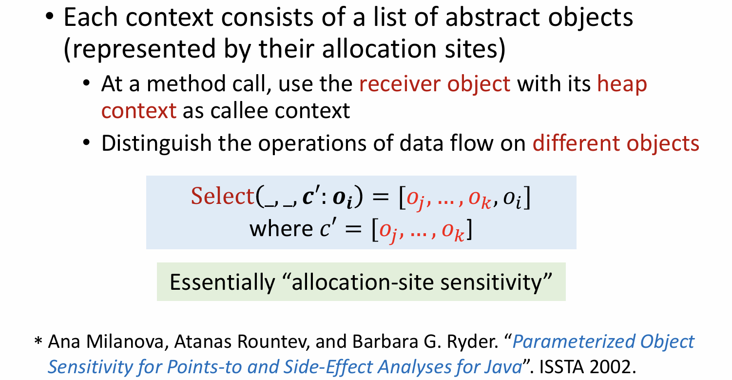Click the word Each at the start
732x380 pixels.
pyautogui.click(x=91, y=18)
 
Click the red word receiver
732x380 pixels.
pyautogui.click(x=400, y=84)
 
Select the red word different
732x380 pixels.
pyautogui.click(x=576, y=143)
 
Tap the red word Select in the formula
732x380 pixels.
pyautogui.click(x=223, y=196)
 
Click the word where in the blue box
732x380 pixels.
pyautogui.click(x=281, y=228)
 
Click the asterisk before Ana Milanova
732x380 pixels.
pyautogui.click(x=38, y=341)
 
